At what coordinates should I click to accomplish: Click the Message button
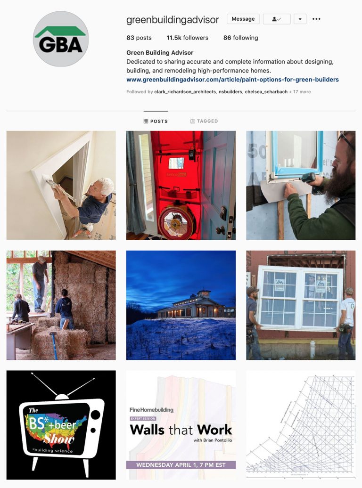pyautogui.click(x=243, y=19)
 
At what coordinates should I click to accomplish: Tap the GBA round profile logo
pyautogui.click(x=61, y=39)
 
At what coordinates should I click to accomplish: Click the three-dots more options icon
pyautogui.click(x=316, y=19)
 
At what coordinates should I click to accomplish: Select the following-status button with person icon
pyautogui.click(x=277, y=19)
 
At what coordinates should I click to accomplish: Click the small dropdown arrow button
pyautogui.click(x=300, y=19)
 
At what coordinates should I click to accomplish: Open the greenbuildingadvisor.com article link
pyautogui.click(x=232, y=80)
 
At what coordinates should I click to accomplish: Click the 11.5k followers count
pyautogui.click(x=187, y=38)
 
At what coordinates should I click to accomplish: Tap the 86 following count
pyautogui.click(x=240, y=38)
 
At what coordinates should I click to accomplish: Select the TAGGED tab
pyautogui.click(x=204, y=121)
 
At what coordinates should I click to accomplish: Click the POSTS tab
pyautogui.click(x=156, y=121)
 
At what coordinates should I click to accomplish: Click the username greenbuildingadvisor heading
pyautogui.click(x=173, y=20)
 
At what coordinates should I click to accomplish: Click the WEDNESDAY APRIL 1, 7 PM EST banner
pyautogui.click(x=181, y=465)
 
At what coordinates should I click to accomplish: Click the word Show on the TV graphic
pyautogui.click(x=59, y=439)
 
